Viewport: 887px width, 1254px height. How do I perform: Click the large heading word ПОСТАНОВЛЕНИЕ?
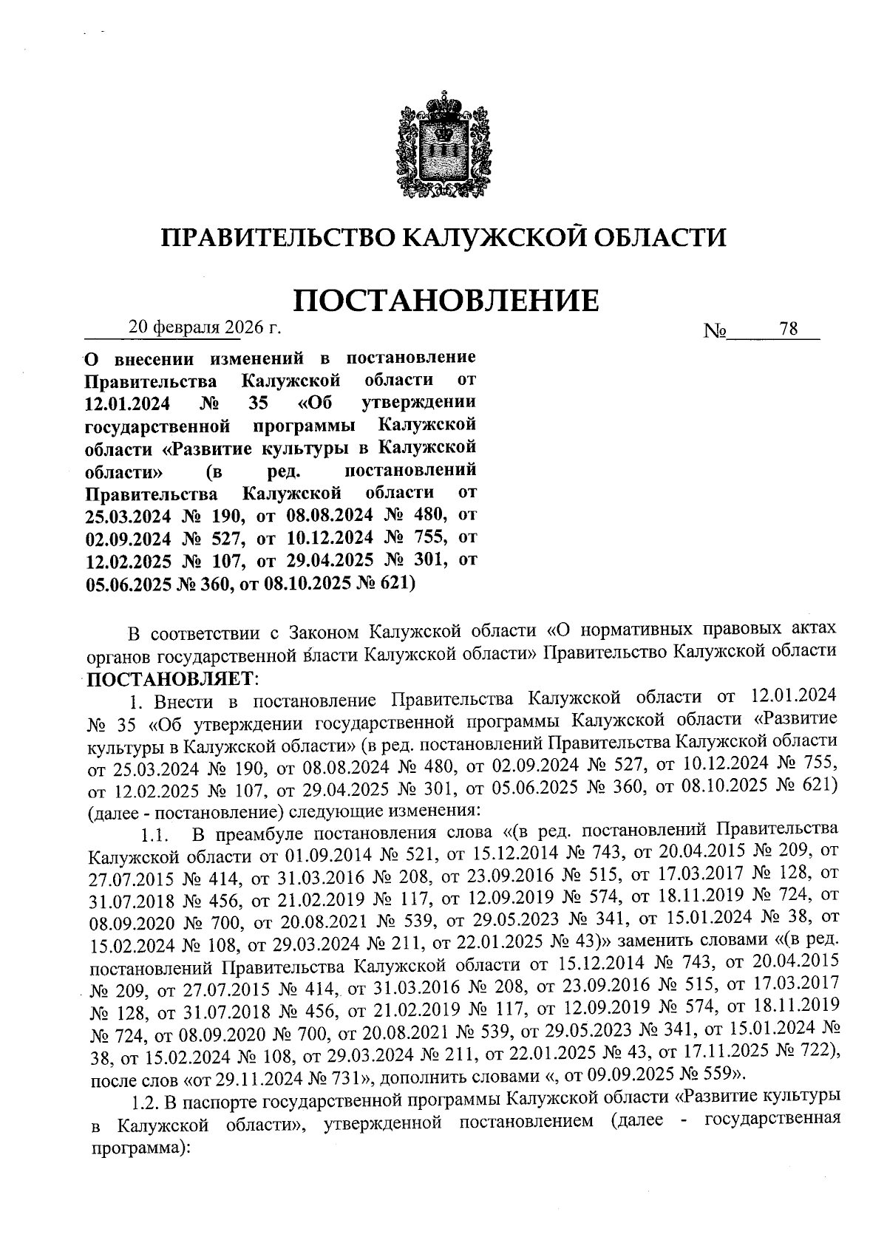[446, 301]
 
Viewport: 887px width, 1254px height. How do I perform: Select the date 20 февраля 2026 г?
[205, 327]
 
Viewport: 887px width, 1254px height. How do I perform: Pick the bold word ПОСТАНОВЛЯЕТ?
[169, 676]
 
